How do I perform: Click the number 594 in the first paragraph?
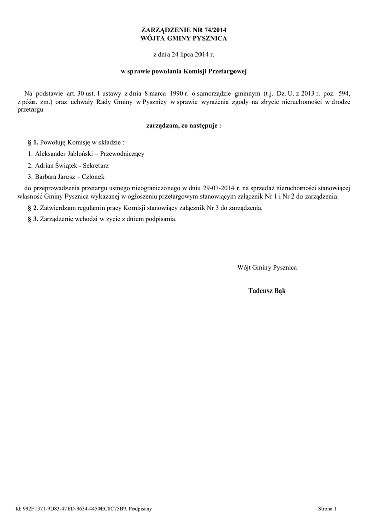tap(345, 94)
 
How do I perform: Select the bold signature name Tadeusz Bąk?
tap(266, 291)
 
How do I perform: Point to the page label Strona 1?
tap(327, 508)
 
